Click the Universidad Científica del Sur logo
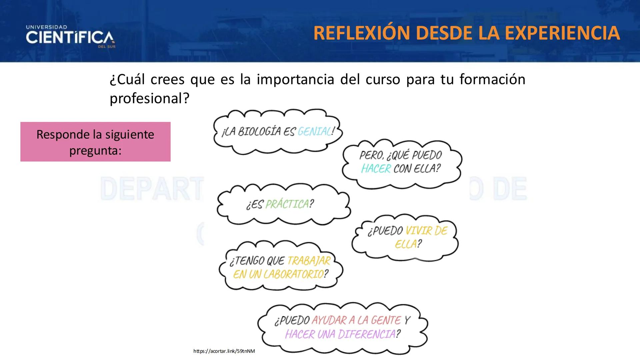point(70,37)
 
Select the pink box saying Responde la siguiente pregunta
point(95,142)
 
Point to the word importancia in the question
point(295,79)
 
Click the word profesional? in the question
point(149,98)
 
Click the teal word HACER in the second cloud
point(376,169)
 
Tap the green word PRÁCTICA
point(287,204)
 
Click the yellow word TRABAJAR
point(309,261)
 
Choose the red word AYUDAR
point(328,320)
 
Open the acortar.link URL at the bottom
point(224,351)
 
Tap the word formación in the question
point(492,79)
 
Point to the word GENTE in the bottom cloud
point(386,320)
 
